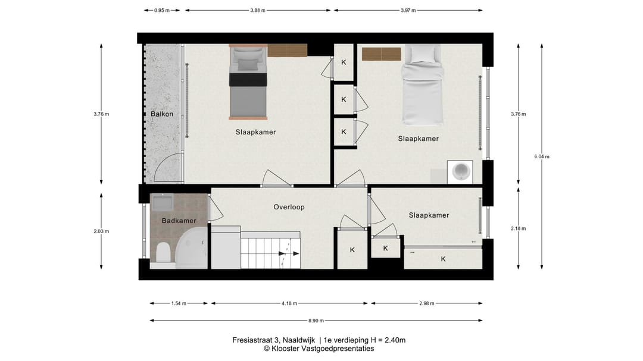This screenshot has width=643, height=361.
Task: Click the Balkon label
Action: [161, 114]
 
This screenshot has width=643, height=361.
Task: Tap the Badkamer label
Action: [179, 221]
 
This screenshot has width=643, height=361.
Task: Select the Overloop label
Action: [289, 207]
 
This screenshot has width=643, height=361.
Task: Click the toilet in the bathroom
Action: [163, 252]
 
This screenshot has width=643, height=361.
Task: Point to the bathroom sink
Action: [162, 202]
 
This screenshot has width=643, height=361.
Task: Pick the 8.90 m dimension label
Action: [316, 321]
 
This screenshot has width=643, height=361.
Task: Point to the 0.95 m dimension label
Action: [161, 10]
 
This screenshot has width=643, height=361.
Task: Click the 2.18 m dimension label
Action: [518, 228]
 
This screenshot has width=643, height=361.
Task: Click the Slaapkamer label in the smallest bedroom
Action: [429, 215]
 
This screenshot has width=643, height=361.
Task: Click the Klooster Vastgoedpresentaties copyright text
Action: [319, 349]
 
